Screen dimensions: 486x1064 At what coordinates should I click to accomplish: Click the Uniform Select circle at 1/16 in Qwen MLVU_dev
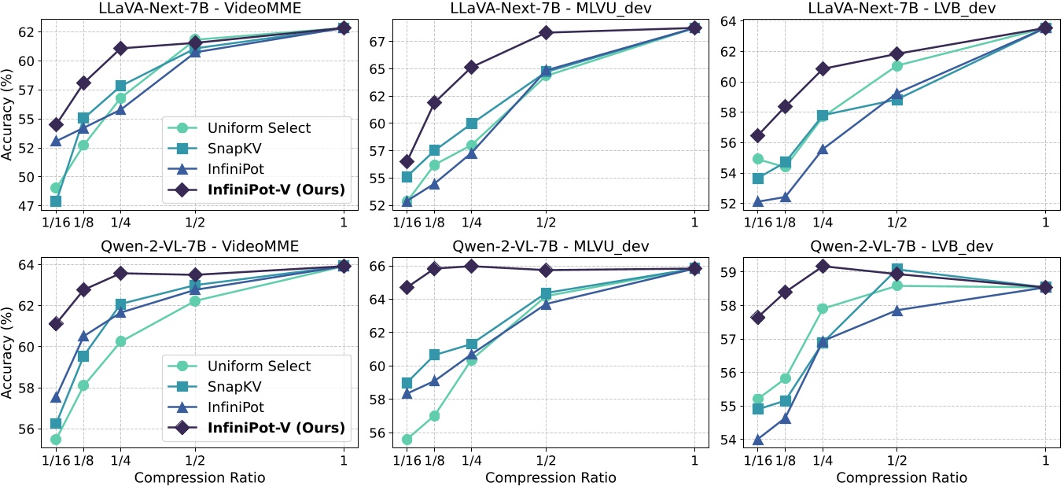click(407, 440)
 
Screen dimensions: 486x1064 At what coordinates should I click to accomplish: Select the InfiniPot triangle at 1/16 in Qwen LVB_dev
click(758, 440)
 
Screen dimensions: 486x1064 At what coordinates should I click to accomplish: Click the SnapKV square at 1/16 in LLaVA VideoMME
click(56, 201)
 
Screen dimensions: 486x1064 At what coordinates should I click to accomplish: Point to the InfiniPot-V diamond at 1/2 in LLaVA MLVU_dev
click(545, 32)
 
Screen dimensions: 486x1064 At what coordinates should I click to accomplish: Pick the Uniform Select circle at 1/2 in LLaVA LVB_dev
click(896, 66)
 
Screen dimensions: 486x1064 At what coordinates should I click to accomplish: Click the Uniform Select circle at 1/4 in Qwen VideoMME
click(120, 341)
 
